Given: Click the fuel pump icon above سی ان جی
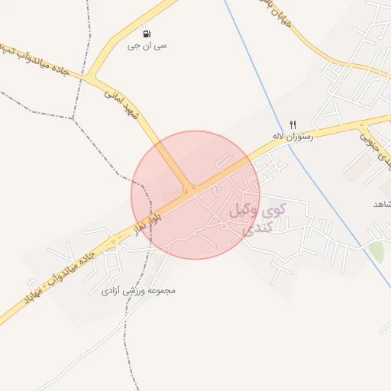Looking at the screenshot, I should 146,34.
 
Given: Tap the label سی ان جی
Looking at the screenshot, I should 148,46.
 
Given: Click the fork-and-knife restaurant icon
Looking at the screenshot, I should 292,124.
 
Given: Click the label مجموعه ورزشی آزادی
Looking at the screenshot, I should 139,291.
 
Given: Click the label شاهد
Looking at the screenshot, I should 381,205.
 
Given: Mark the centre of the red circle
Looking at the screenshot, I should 195,195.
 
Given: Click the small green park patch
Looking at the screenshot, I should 376,251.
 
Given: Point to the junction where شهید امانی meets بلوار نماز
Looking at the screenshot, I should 189,189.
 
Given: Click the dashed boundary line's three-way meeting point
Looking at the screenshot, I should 74,118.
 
